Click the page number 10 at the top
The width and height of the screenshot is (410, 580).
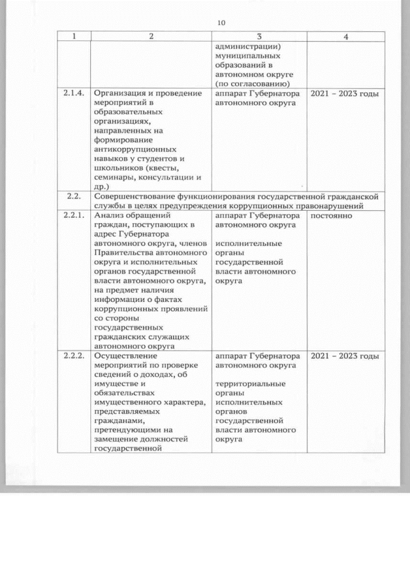click(222, 23)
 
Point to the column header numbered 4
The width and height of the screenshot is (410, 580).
click(346, 37)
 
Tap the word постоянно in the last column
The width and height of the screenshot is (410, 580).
click(332, 216)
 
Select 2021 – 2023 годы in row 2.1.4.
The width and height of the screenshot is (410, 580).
click(345, 94)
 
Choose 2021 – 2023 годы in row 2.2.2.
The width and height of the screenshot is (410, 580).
click(345, 356)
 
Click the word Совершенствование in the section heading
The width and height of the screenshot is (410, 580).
click(138, 195)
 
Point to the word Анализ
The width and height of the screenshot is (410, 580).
click(108, 216)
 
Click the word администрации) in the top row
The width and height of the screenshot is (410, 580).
click(250, 47)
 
